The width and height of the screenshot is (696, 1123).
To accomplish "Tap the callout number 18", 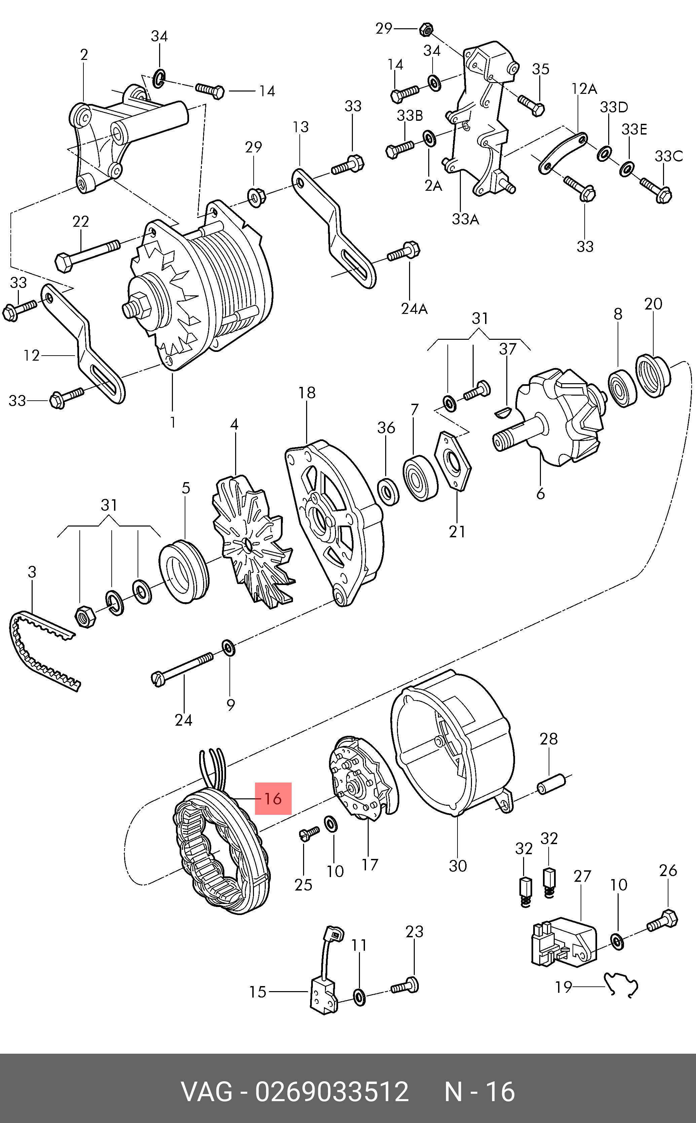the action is (307, 393).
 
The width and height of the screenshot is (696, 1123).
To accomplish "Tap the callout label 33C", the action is (669, 156).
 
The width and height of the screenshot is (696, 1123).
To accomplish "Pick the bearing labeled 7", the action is (419, 478).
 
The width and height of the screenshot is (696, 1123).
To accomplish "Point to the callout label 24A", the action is (414, 309).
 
